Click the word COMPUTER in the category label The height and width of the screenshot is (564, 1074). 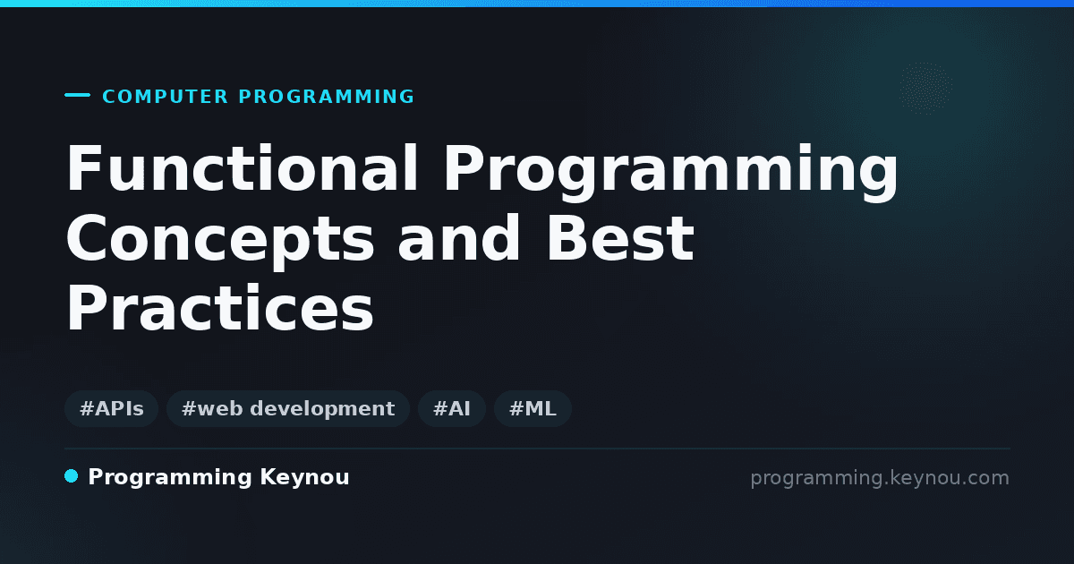coord(166,97)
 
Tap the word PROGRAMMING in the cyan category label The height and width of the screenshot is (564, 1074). coord(327,97)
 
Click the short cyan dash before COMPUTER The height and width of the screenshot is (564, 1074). coord(77,95)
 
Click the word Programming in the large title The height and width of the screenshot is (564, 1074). coord(670,172)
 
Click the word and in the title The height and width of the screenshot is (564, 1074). coord(459,238)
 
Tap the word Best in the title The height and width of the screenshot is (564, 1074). coord(620,238)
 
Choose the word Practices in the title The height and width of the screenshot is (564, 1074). coord(220,307)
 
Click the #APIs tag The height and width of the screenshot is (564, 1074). coord(111,408)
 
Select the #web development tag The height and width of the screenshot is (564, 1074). coord(287,408)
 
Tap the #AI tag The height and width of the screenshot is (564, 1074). coord(452,408)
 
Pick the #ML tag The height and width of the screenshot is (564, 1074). coord(533,408)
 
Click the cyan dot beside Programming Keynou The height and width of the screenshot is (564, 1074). coord(71,476)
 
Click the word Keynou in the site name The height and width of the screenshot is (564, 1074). coord(304,477)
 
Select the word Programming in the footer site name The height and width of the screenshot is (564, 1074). coord(170,478)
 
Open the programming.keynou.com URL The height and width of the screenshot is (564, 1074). coord(880,478)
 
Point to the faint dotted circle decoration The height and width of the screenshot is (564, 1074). coord(925,89)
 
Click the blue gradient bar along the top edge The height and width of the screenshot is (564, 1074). coord(537,4)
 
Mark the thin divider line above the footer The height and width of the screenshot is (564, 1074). coord(537,449)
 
